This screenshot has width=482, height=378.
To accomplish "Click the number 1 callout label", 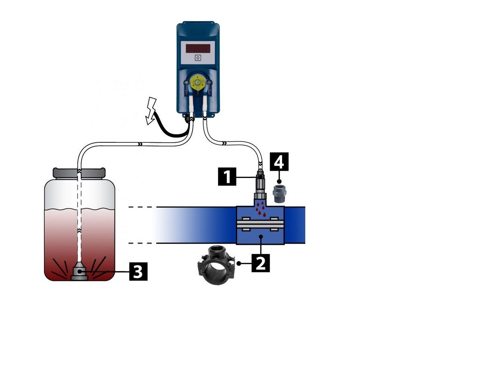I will tap(227, 176).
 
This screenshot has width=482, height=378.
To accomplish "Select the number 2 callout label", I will tap(261, 263).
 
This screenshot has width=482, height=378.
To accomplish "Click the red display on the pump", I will tap(198, 48).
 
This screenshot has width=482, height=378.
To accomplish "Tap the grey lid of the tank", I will tap(79, 173).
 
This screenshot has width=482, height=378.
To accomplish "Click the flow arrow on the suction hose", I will tap(140, 144).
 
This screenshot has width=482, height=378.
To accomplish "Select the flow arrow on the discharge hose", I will tap(225, 143).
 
